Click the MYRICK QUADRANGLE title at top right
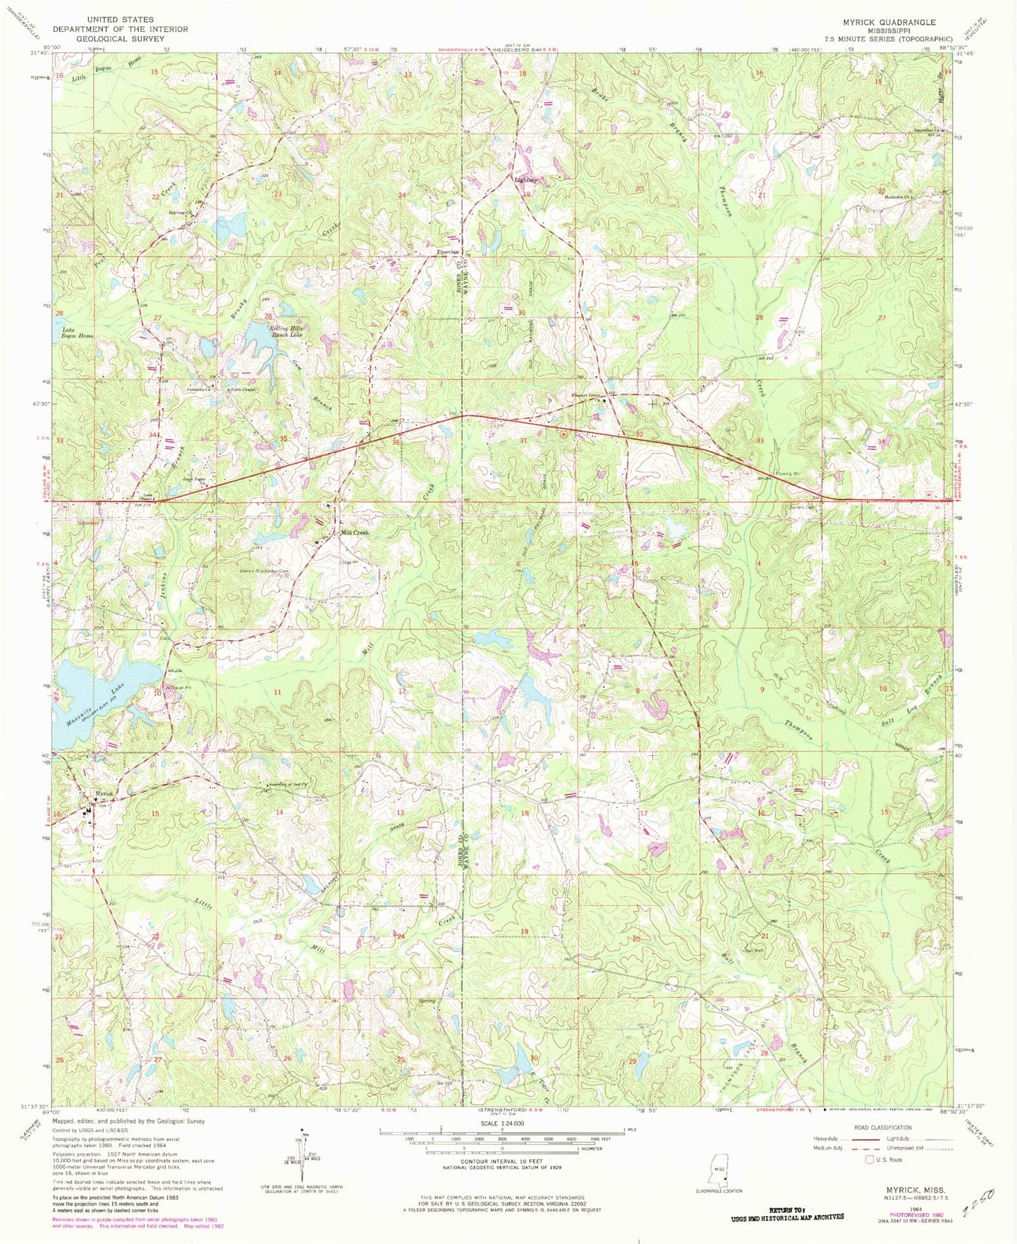coord(889,22)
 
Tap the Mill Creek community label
coord(354,533)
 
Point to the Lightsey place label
coord(525,180)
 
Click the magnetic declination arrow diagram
coord(303,1152)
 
